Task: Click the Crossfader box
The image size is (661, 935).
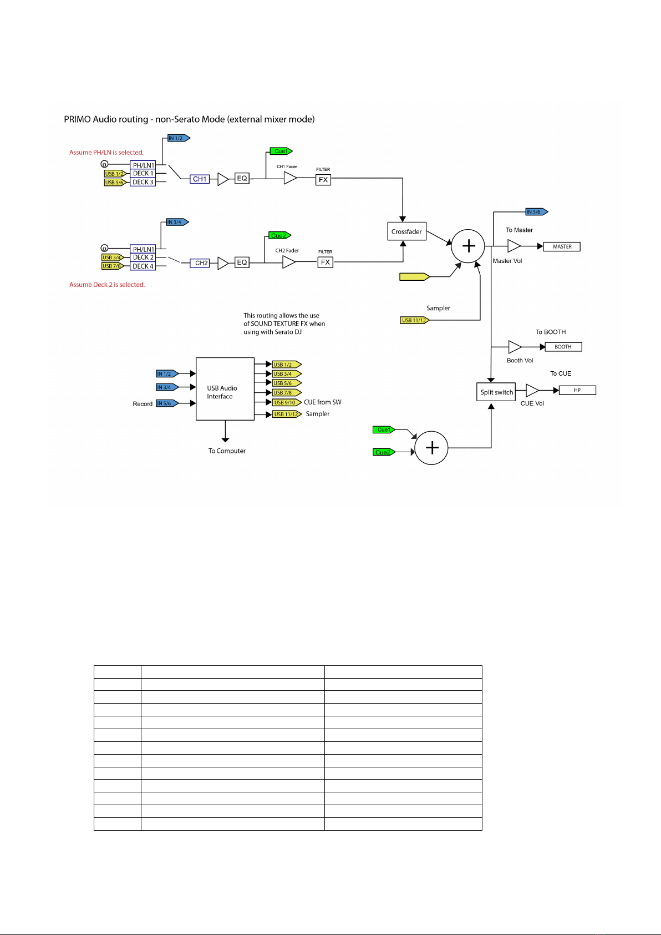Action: tap(406, 231)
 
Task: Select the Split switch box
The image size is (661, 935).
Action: tap(496, 392)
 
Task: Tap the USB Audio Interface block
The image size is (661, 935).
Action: tap(225, 388)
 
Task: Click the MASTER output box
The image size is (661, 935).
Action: tap(562, 247)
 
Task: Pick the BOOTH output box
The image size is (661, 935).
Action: tap(563, 347)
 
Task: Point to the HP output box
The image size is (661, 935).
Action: tap(577, 390)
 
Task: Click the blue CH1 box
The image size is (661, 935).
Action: tap(200, 179)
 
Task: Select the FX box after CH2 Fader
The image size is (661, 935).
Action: tap(326, 262)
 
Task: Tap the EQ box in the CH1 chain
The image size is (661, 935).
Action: tap(242, 178)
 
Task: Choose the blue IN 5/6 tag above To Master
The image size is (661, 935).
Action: tap(537, 211)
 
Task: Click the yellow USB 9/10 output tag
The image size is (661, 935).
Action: tap(287, 402)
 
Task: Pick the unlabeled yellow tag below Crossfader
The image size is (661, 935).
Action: tap(415, 276)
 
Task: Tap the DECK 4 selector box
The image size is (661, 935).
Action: tap(143, 266)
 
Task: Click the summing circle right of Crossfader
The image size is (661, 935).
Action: tap(468, 246)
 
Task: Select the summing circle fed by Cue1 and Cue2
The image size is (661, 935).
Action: tap(431, 448)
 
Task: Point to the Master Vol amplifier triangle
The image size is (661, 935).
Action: tap(514, 246)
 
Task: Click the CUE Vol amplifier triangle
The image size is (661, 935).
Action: tap(532, 390)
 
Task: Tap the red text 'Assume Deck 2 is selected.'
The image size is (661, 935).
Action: tap(107, 285)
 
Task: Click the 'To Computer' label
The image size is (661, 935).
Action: tap(227, 451)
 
